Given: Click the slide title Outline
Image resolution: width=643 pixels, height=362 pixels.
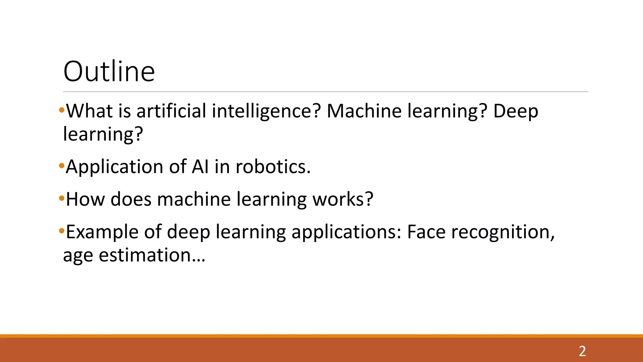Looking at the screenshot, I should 109,72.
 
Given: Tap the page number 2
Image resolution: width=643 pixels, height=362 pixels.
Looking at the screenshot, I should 582,351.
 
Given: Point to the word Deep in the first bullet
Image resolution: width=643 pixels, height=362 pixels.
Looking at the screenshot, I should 516,112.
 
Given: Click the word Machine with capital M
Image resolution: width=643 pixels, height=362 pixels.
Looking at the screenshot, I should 365,111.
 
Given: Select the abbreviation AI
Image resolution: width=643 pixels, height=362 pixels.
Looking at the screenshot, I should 200,167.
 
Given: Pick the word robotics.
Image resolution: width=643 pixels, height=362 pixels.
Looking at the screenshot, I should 273,167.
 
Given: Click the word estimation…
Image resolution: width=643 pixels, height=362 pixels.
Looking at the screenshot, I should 152,255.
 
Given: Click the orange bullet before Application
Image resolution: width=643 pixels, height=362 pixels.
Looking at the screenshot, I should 62,166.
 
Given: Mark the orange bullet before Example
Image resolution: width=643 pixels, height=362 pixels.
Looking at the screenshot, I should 62,231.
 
